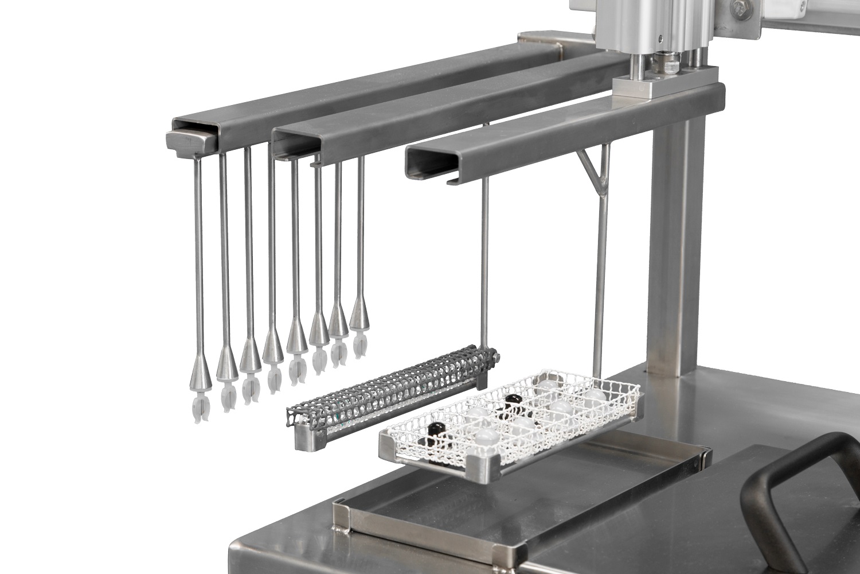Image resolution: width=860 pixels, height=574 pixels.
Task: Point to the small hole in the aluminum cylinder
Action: pyautogui.click(x=660, y=39)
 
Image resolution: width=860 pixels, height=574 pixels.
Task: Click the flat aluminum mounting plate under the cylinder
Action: pyautogui.click(x=665, y=84)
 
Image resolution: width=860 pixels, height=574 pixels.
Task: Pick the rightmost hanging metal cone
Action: pyautogui.click(x=359, y=313)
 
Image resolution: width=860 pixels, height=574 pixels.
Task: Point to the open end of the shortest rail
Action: pyautogui.click(x=427, y=161)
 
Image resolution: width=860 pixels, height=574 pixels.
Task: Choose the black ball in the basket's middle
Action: pyautogui.click(x=511, y=400)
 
